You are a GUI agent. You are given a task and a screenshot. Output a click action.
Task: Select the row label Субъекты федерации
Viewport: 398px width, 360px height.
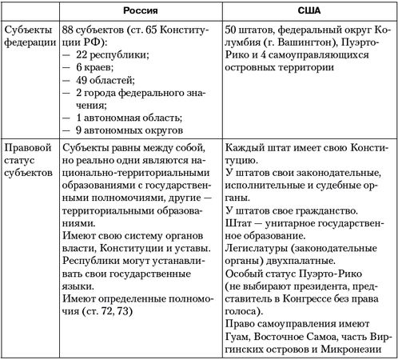[x=27, y=38]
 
